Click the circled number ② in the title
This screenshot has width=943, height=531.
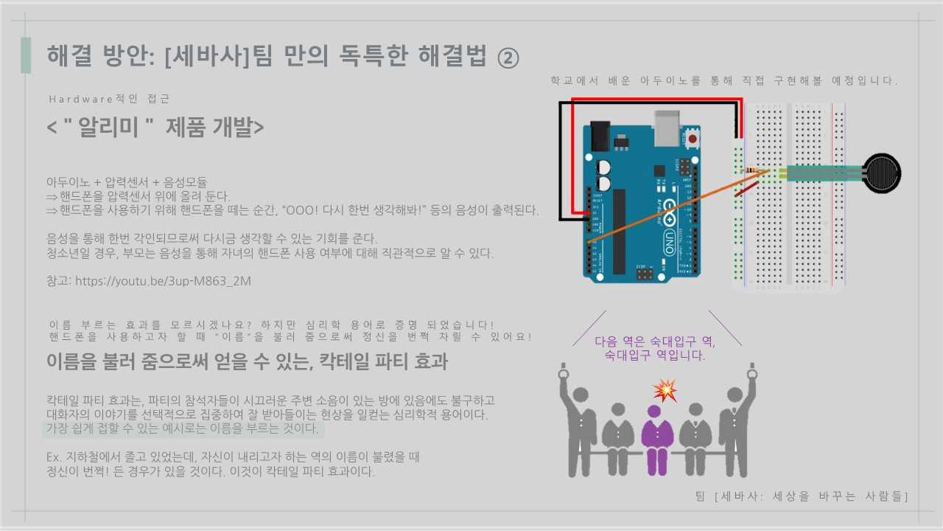tap(508, 57)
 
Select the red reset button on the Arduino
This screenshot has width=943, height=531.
tap(693, 139)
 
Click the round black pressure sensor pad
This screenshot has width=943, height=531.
tap(882, 174)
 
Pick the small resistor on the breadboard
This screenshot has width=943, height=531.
tap(753, 171)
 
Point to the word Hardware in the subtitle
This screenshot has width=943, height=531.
tap(78, 99)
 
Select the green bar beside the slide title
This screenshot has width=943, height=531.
tap(26, 55)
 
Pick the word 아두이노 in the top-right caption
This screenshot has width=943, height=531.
tap(665, 80)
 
